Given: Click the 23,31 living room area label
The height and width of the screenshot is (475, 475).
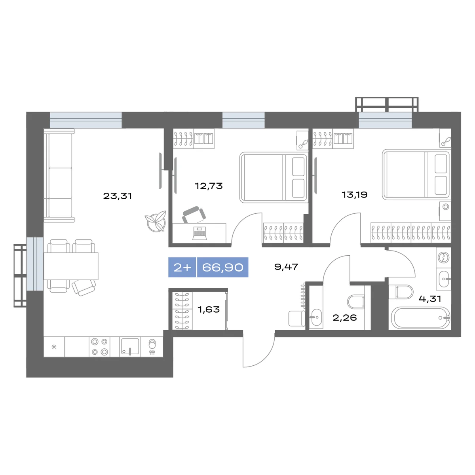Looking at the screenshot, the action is pyautogui.click(x=117, y=196).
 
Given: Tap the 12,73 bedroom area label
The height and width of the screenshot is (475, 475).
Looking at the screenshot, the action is pyautogui.click(x=209, y=186).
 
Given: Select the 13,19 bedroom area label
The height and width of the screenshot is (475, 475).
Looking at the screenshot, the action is pyautogui.click(x=354, y=195).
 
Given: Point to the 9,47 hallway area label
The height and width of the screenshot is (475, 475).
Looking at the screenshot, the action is pyautogui.click(x=286, y=267).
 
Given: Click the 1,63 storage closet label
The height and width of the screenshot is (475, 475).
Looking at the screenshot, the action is pyautogui.click(x=209, y=310).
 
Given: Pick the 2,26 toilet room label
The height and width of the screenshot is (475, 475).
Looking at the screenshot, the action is pyautogui.click(x=345, y=317).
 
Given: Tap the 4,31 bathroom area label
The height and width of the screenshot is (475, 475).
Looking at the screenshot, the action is pyautogui.click(x=430, y=299).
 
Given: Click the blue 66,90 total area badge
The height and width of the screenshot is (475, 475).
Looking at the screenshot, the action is pyautogui.click(x=222, y=267).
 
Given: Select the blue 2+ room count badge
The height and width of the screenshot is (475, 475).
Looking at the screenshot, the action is pyautogui.click(x=182, y=267).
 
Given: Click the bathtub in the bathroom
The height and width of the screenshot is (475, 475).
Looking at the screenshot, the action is pyautogui.click(x=420, y=318).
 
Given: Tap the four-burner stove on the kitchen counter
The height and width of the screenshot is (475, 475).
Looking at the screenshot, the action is pyautogui.click(x=100, y=347).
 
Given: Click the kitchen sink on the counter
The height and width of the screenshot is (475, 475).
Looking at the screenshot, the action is pyautogui.click(x=130, y=347).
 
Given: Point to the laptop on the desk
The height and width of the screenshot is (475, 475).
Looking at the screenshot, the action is pyautogui.click(x=199, y=233).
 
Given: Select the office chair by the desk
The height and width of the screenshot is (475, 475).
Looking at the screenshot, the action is pyautogui.click(x=194, y=215).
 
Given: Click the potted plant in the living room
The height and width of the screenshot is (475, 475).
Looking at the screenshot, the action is pyautogui.click(x=155, y=221).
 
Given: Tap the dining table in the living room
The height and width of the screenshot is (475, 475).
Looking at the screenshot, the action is pyautogui.click(x=71, y=266).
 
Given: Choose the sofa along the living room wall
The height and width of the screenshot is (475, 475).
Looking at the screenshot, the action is pyautogui.click(x=59, y=175).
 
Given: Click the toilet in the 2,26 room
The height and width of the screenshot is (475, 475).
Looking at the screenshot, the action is pyautogui.click(x=356, y=302).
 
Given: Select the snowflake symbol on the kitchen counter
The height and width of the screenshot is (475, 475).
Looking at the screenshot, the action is pyautogui.click(x=54, y=347).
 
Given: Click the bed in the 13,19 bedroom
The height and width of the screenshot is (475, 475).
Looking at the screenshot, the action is pyautogui.click(x=416, y=174).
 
